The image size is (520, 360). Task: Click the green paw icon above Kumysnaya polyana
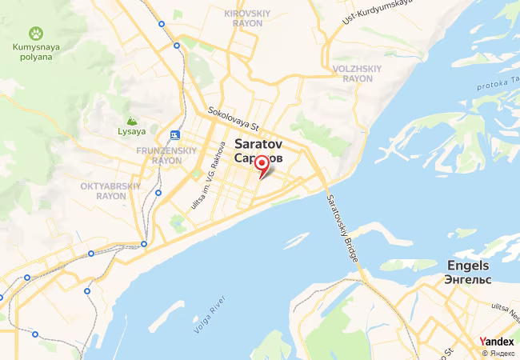tap(36, 34)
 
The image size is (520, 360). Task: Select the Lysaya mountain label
tap(132, 131)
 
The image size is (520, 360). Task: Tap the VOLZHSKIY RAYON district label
tap(353, 74)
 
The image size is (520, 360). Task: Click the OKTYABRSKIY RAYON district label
tap(110, 190)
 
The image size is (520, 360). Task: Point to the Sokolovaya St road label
tap(234, 119)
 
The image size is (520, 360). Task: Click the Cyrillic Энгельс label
tap(469, 279)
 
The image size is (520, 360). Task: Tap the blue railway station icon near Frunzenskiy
tap(174, 134)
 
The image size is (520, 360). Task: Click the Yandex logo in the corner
tap(498, 342)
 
